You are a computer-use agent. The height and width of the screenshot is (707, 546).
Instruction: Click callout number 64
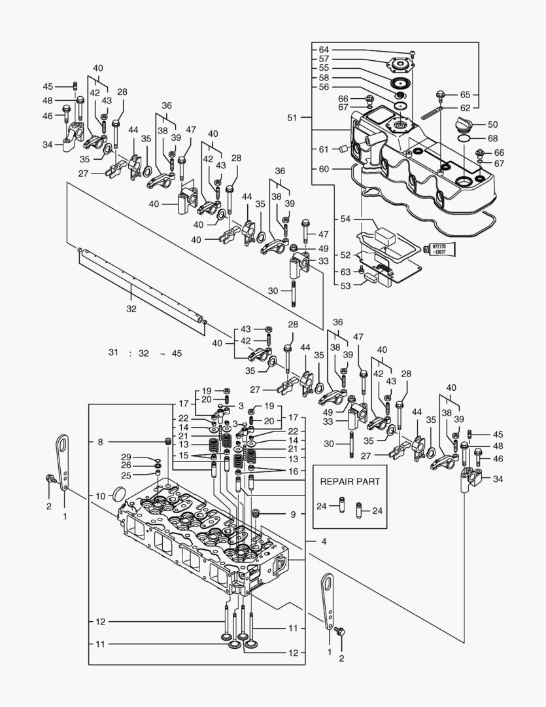coord(324,50)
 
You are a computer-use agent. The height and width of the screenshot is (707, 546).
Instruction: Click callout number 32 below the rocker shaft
coord(131,309)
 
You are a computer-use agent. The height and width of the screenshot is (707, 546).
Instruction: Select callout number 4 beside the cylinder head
coord(324,541)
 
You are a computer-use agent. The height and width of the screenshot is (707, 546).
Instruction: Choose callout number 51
coord(292,118)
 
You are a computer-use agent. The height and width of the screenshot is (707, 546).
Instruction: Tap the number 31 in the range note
coord(114,353)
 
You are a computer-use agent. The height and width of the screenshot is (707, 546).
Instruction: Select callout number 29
coord(126,456)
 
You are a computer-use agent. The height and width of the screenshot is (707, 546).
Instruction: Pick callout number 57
coord(324,59)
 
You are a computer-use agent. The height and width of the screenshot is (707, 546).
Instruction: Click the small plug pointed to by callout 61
coord(341,149)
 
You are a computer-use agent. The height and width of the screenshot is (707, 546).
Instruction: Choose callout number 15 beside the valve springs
coord(184,455)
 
